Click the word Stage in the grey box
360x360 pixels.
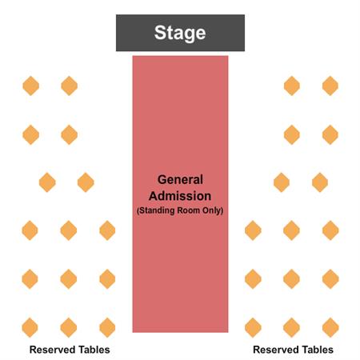pyautogui.click(x=180, y=33)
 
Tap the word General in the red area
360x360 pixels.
pyautogui.click(x=180, y=179)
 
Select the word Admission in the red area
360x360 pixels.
pyautogui.click(x=180, y=196)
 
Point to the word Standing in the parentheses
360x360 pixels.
pyautogui.click(x=156, y=210)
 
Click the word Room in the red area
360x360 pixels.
pyautogui.click(x=189, y=210)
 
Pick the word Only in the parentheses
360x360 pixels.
pyautogui.click(x=213, y=210)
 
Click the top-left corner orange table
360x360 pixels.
pyautogui.click(x=31, y=86)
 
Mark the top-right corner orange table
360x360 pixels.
pyautogui.click(x=330, y=86)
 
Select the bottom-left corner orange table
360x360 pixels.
pyautogui.click(x=30, y=327)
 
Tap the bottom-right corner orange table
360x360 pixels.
pyautogui.click(x=330, y=327)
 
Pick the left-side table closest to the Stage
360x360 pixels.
pyautogui.click(x=70, y=86)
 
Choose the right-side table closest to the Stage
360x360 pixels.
pyautogui.click(x=292, y=86)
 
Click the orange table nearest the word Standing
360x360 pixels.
pyautogui.click(x=107, y=230)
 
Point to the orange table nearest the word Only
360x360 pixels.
pyautogui.click(x=253, y=230)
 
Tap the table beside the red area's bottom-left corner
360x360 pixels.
pyautogui.click(x=107, y=327)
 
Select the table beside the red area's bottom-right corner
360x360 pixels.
pyautogui.click(x=253, y=327)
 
